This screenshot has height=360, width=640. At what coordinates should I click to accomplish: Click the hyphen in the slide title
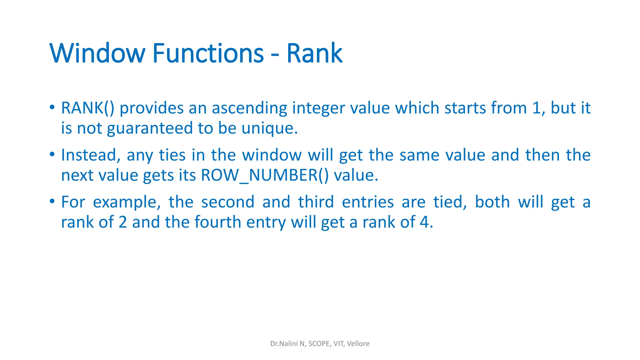tap(275, 56)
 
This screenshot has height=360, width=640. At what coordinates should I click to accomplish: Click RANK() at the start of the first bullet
tap(87, 108)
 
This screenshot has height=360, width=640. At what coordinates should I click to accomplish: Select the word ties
tap(172, 155)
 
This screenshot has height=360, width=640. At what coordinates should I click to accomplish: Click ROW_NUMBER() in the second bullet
tap(265, 175)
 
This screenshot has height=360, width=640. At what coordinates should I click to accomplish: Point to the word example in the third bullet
tap(127, 202)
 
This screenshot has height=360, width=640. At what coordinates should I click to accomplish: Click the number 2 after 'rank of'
tap(123, 222)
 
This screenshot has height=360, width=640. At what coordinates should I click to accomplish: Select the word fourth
tap(217, 222)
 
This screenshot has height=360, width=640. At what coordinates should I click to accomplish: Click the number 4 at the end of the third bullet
tap(424, 222)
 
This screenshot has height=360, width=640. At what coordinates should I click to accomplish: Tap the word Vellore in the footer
tap(358, 344)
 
